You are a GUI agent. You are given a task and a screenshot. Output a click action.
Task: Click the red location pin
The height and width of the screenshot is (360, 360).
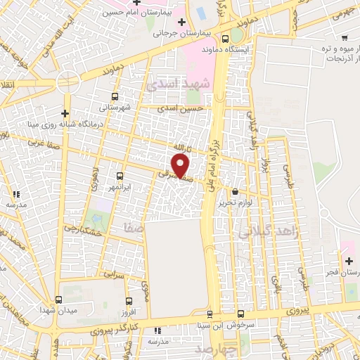(181, 166)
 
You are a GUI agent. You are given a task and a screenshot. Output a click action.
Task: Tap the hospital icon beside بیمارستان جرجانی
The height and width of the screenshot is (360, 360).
(183, 20)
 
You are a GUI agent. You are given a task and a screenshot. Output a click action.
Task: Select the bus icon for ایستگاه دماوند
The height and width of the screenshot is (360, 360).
(225, 39)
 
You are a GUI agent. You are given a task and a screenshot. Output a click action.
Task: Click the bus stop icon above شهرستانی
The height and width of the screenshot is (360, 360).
(115, 97)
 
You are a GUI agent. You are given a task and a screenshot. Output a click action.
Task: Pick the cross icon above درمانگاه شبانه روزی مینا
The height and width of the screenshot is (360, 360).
(65, 113)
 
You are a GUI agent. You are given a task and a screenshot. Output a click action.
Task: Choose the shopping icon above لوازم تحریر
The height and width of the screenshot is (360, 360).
(234, 191)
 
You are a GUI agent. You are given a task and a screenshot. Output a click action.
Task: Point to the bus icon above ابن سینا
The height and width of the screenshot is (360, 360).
(210, 314)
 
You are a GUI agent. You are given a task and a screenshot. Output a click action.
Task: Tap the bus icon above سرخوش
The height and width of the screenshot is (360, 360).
(240, 314)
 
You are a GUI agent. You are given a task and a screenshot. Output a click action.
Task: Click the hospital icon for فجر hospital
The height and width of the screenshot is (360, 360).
(349, 262)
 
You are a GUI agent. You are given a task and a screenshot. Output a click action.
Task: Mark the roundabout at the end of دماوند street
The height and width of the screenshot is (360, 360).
(69, 83)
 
